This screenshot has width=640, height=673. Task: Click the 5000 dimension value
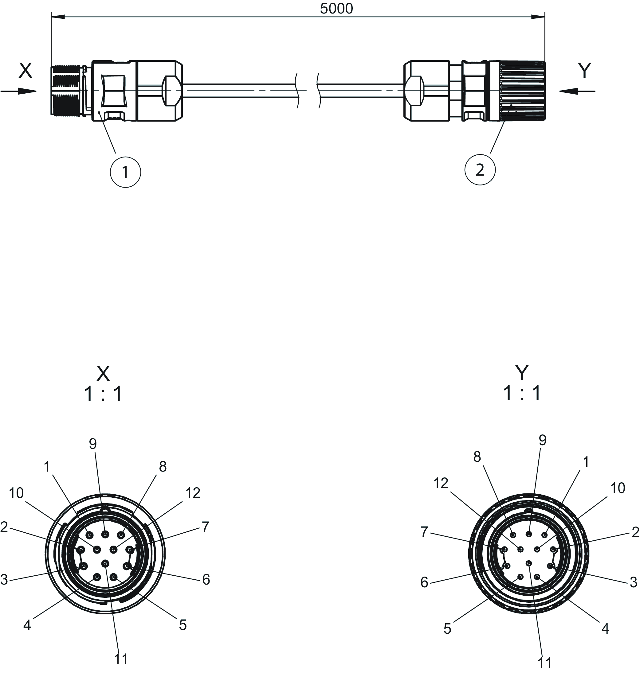336,9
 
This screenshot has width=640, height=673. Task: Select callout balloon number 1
125,172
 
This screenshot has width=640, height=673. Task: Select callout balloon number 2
480,169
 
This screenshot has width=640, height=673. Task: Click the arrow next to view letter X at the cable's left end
19,91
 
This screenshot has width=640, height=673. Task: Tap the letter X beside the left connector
25,71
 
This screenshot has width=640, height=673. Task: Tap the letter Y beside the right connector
584,71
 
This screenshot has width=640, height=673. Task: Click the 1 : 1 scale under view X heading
103,394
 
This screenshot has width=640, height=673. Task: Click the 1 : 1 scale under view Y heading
522,393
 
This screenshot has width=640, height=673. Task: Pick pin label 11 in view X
121,659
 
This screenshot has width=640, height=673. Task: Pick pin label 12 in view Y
441,483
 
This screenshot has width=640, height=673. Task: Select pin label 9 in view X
93,444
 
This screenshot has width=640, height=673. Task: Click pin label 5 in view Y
447,629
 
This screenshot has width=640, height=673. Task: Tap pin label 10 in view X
16,493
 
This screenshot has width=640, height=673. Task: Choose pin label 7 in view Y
424,532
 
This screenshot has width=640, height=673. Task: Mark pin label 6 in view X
206,580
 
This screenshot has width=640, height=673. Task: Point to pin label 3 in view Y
634,582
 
